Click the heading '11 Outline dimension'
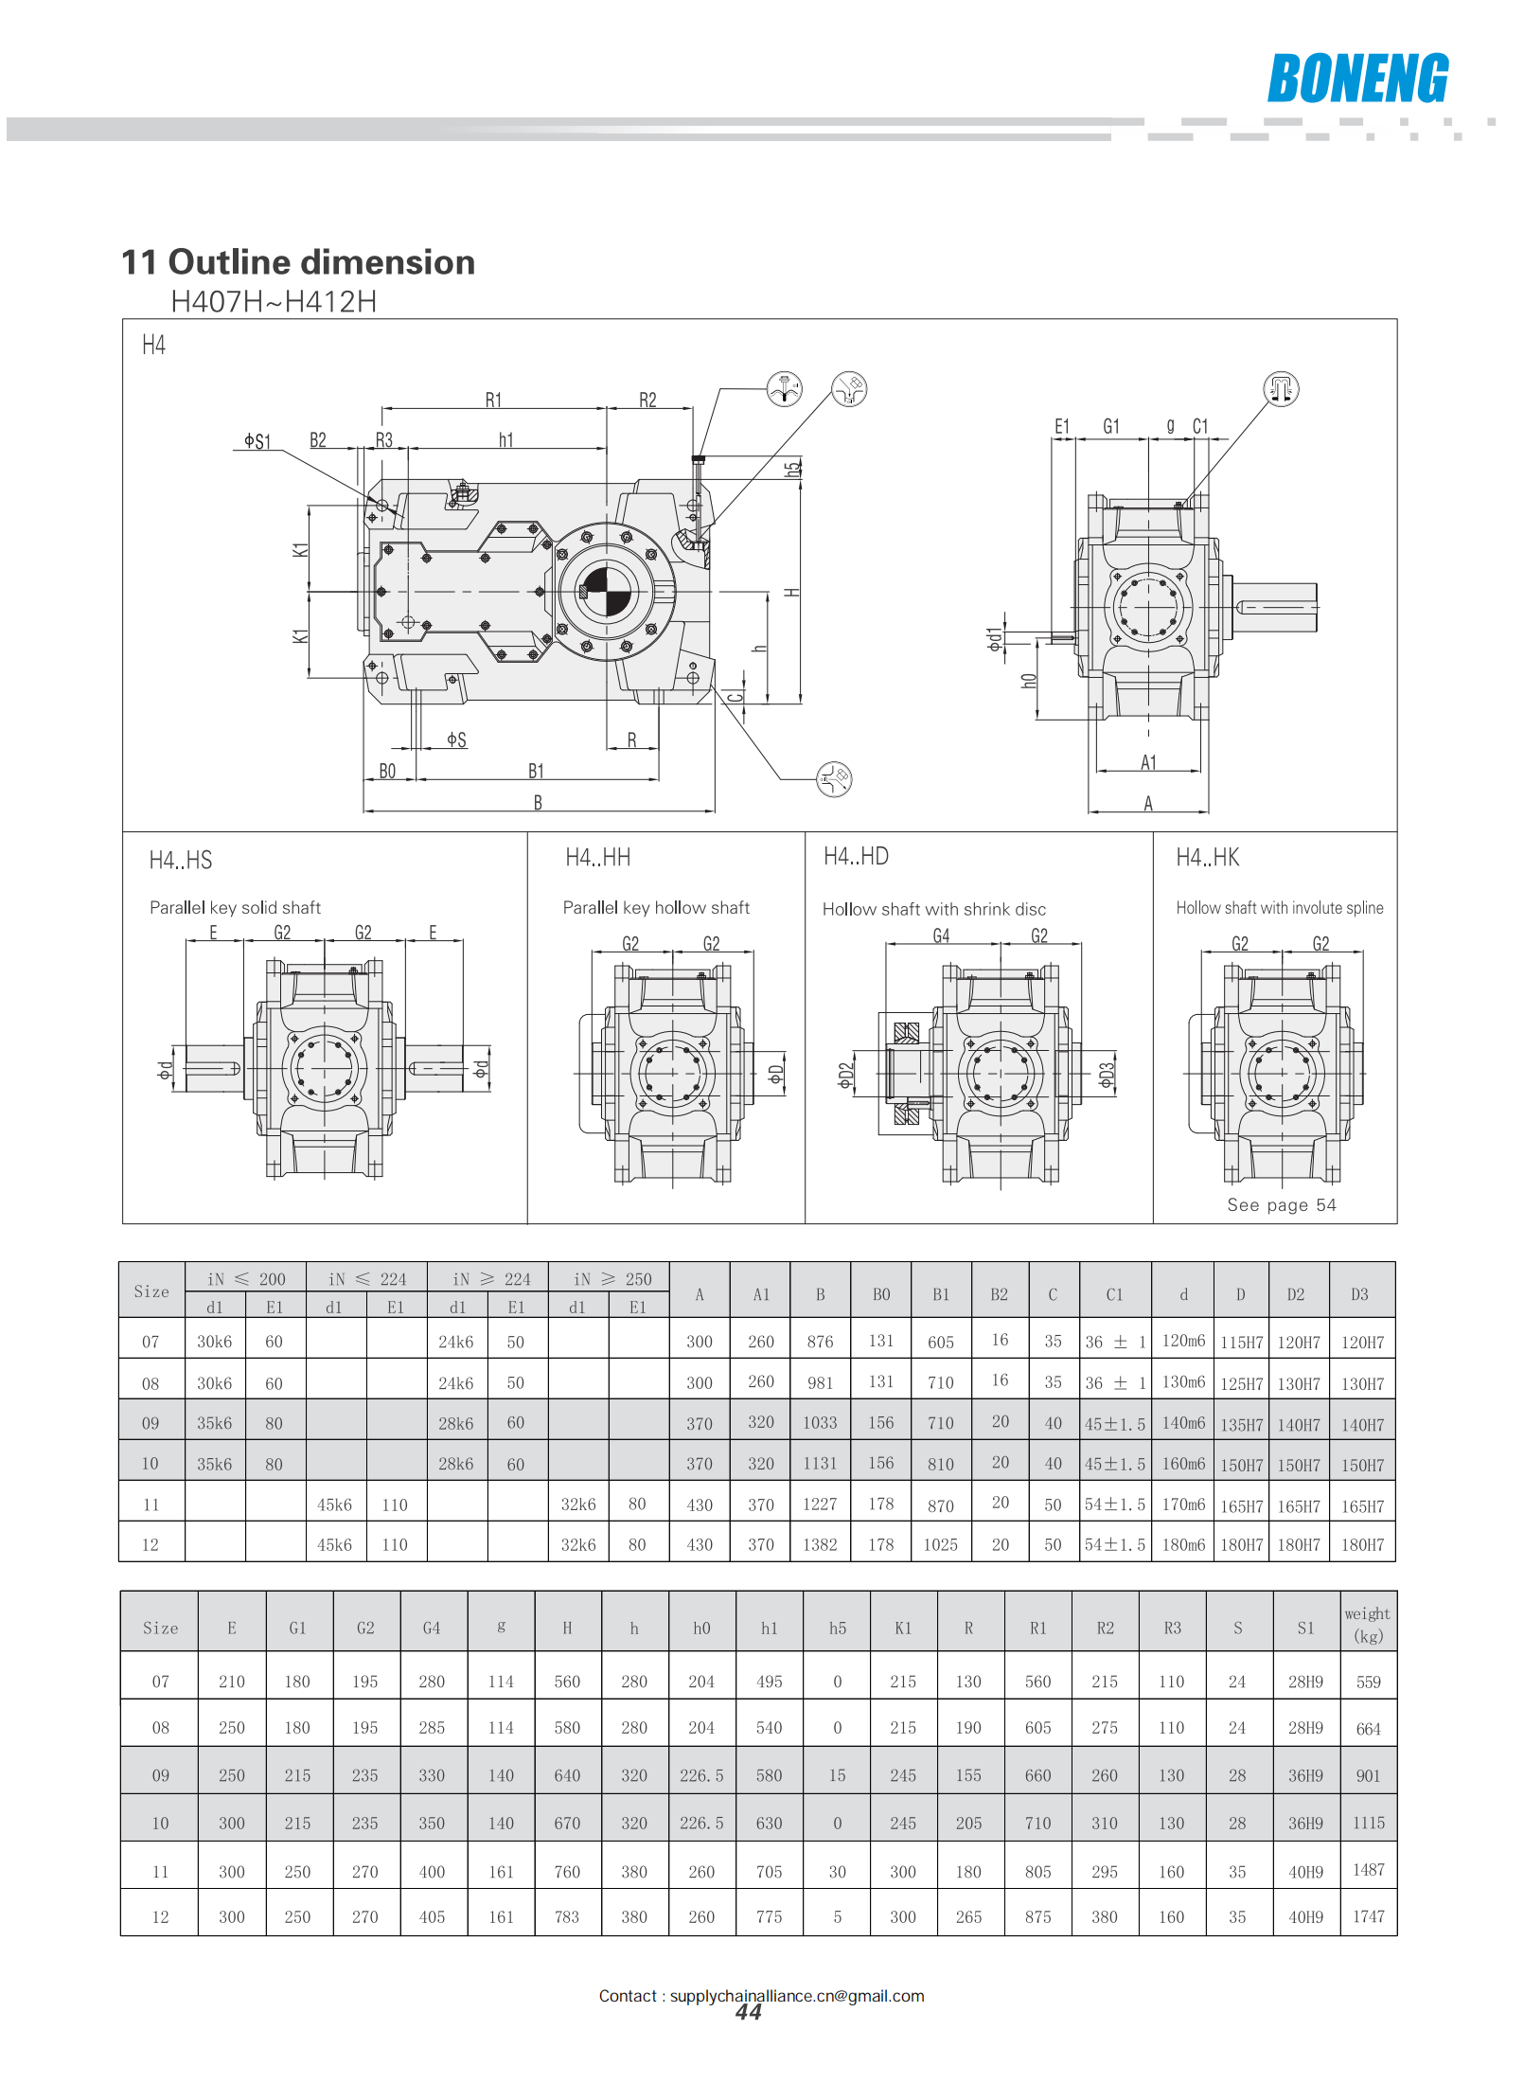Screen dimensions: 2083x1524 pos(298,262)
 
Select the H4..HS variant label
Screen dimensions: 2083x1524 pos(181,861)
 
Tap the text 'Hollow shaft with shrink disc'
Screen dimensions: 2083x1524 pos(933,909)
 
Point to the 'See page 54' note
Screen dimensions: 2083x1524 pos(1281,1204)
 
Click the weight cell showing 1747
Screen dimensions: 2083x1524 pos(1368,1916)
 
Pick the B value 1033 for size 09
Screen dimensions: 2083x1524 pos(820,1423)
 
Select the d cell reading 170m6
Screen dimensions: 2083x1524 pos(1183,1504)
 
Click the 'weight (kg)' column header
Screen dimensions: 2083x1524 pos(1368,1625)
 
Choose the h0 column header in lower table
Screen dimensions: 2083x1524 pos(701,1629)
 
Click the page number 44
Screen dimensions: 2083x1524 pos(748,2013)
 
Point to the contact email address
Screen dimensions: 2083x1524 pos(797,1996)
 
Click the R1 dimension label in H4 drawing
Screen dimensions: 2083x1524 pos(493,401)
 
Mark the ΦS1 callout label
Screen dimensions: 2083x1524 pos(257,441)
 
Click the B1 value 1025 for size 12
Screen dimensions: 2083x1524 pos(940,1544)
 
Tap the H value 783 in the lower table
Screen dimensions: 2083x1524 pos(567,1916)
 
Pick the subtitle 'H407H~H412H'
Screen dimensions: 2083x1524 pos(274,302)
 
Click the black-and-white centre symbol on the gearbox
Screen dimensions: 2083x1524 pos(606,591)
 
